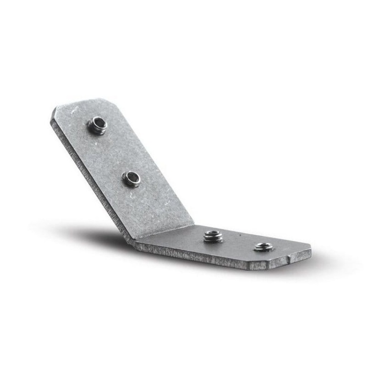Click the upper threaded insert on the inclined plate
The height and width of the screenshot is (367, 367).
coord(97,126)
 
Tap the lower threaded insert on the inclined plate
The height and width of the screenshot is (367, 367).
coord(132,179)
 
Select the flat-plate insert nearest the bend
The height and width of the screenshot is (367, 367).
coord(213,236)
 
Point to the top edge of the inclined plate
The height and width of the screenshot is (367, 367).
coord(83,102)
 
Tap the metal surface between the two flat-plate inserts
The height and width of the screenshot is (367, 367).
coord(239,241)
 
